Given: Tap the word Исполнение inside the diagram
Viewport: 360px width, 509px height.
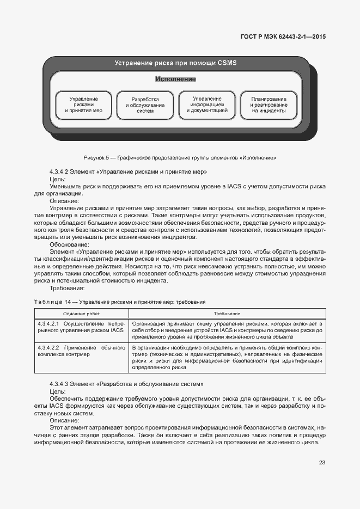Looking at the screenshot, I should tap(175, 79).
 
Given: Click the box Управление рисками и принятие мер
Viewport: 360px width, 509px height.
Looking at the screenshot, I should tap(83, 105).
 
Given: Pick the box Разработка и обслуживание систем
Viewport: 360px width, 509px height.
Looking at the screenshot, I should tap(145, 105).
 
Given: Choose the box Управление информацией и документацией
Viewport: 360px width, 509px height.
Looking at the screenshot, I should tap(206, 105).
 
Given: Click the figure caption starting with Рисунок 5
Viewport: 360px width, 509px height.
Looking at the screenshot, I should tap(180, 158).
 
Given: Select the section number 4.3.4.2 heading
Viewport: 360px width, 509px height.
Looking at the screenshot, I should tap(127, 171).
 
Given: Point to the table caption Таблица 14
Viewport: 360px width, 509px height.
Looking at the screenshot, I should tap(119, 301).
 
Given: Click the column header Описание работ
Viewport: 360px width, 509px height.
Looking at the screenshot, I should tap(81, 314).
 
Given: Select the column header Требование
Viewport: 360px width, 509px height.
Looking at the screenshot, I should tap(227, 314).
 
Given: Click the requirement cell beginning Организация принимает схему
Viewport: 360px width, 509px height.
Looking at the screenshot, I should tap(228, 330).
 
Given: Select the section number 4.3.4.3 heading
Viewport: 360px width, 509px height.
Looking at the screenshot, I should tap(126, 384).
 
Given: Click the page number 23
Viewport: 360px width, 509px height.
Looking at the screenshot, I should tap(322, 463).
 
